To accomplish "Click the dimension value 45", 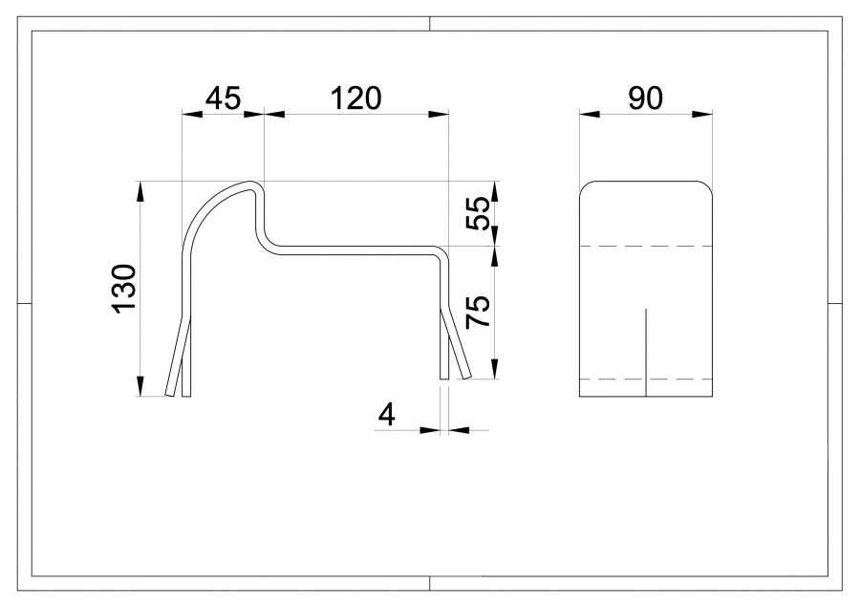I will click(222, 98).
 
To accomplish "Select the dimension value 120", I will click(355, 98).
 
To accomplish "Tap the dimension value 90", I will click(646, 98).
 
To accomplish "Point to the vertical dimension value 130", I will click(125, 288).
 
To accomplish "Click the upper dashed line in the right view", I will click(647, 247).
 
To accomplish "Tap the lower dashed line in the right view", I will click(647, 379).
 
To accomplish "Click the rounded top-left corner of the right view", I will click(586, 186).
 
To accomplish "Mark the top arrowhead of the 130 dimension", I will click(140, 190).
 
